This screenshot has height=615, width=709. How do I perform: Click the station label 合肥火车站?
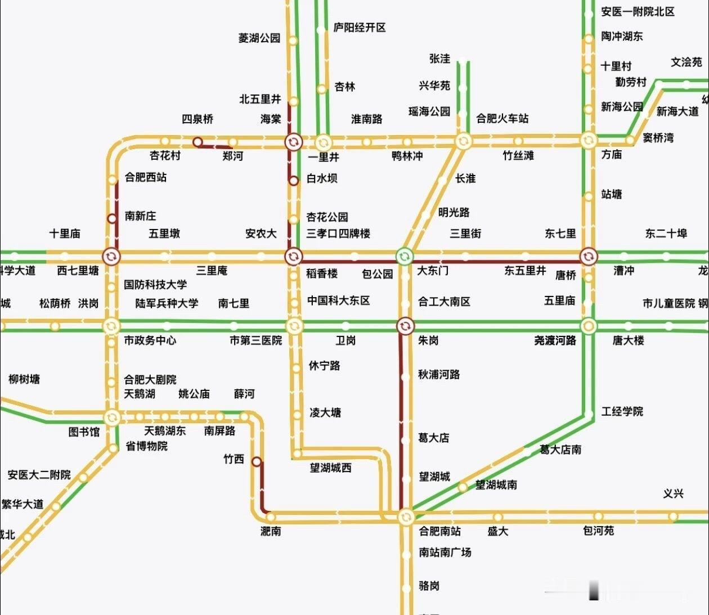click(502, 118)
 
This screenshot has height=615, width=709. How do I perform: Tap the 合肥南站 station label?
click(439, 531)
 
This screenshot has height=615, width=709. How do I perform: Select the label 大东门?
click(433, 271)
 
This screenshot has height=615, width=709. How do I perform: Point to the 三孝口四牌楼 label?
click(338, 233)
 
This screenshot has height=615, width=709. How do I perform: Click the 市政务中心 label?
click(150, 340)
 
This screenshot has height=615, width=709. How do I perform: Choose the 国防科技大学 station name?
click(155, 285)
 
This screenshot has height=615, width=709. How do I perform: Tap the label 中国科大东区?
click(338, 300)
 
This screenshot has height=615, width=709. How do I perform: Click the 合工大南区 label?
click(444, 302)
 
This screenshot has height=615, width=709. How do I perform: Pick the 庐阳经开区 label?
click(360, 28)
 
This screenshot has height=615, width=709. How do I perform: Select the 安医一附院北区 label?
click(638, 12)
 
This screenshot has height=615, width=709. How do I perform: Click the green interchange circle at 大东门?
click(404, 257)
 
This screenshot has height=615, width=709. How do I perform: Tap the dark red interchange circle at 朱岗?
click(405, 326)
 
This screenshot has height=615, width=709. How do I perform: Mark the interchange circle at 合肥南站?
click(406, 517)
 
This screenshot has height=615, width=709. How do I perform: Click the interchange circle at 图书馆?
click(111, 418)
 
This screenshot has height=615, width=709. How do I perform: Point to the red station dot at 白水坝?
click(294, 181)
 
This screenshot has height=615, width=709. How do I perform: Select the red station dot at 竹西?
click(257, 462)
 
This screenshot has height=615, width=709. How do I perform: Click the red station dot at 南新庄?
click(112, 218)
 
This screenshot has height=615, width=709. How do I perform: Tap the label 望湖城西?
click(330, 468)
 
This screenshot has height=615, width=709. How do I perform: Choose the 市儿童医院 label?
click(668, 303)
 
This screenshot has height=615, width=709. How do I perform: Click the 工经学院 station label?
click(622, 412)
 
